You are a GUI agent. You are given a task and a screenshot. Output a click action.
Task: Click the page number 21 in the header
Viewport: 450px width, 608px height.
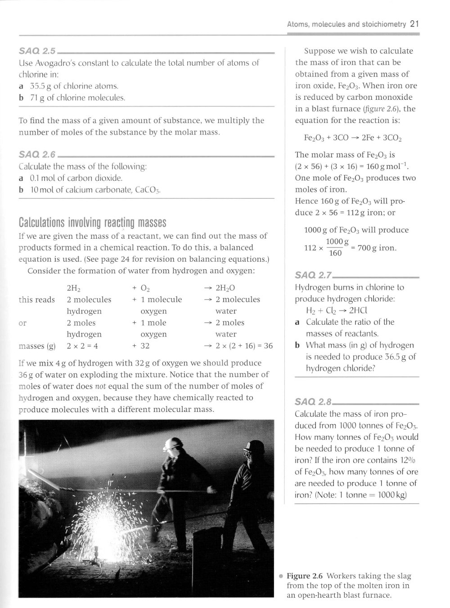point(415,24)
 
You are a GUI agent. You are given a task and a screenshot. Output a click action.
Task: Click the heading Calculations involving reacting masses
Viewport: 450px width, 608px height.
point(92,223)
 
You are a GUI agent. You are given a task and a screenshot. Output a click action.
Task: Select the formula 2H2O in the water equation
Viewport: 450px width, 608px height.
point(225,288)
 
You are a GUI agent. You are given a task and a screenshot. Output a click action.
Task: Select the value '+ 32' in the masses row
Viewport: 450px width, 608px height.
point(141,346)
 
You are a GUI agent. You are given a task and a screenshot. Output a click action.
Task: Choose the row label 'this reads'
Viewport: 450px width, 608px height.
point(36,300)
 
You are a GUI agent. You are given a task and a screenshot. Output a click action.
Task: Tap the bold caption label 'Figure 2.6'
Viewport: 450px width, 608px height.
point(305,576)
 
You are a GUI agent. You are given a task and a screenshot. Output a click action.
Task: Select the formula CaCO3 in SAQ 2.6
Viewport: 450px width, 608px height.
point(147,190)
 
